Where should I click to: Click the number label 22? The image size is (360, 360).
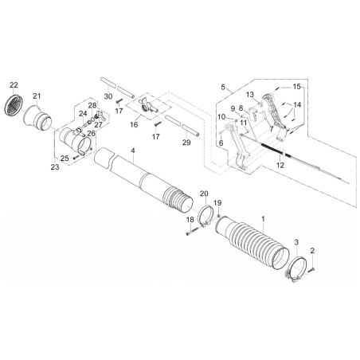coord(14,84)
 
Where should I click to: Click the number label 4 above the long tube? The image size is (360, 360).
coord(134,151)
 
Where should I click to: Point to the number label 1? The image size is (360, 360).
coord(264,218)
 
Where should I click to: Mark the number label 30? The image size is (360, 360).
coord(108,96)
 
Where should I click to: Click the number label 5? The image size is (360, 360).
coord(225,87)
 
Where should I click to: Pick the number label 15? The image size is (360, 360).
coord(296,86)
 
